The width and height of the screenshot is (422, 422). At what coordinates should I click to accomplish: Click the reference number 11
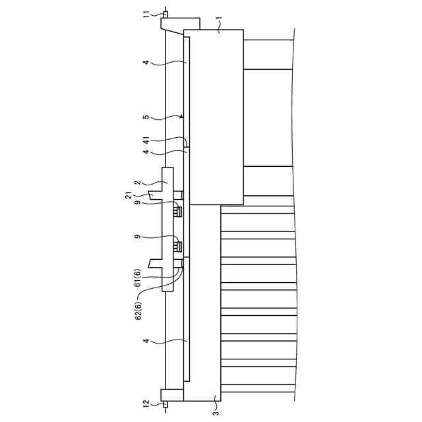(146, 15)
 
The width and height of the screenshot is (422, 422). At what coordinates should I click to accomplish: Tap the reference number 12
(146, 404)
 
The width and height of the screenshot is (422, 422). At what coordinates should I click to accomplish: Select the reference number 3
(216, 413)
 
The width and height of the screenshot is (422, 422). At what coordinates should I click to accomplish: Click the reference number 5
(146, 117)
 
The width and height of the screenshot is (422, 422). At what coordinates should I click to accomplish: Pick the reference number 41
(146, 140)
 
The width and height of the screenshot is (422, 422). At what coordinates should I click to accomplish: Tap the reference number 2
(137, 183)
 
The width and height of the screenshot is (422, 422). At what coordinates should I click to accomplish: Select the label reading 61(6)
(138, 278)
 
